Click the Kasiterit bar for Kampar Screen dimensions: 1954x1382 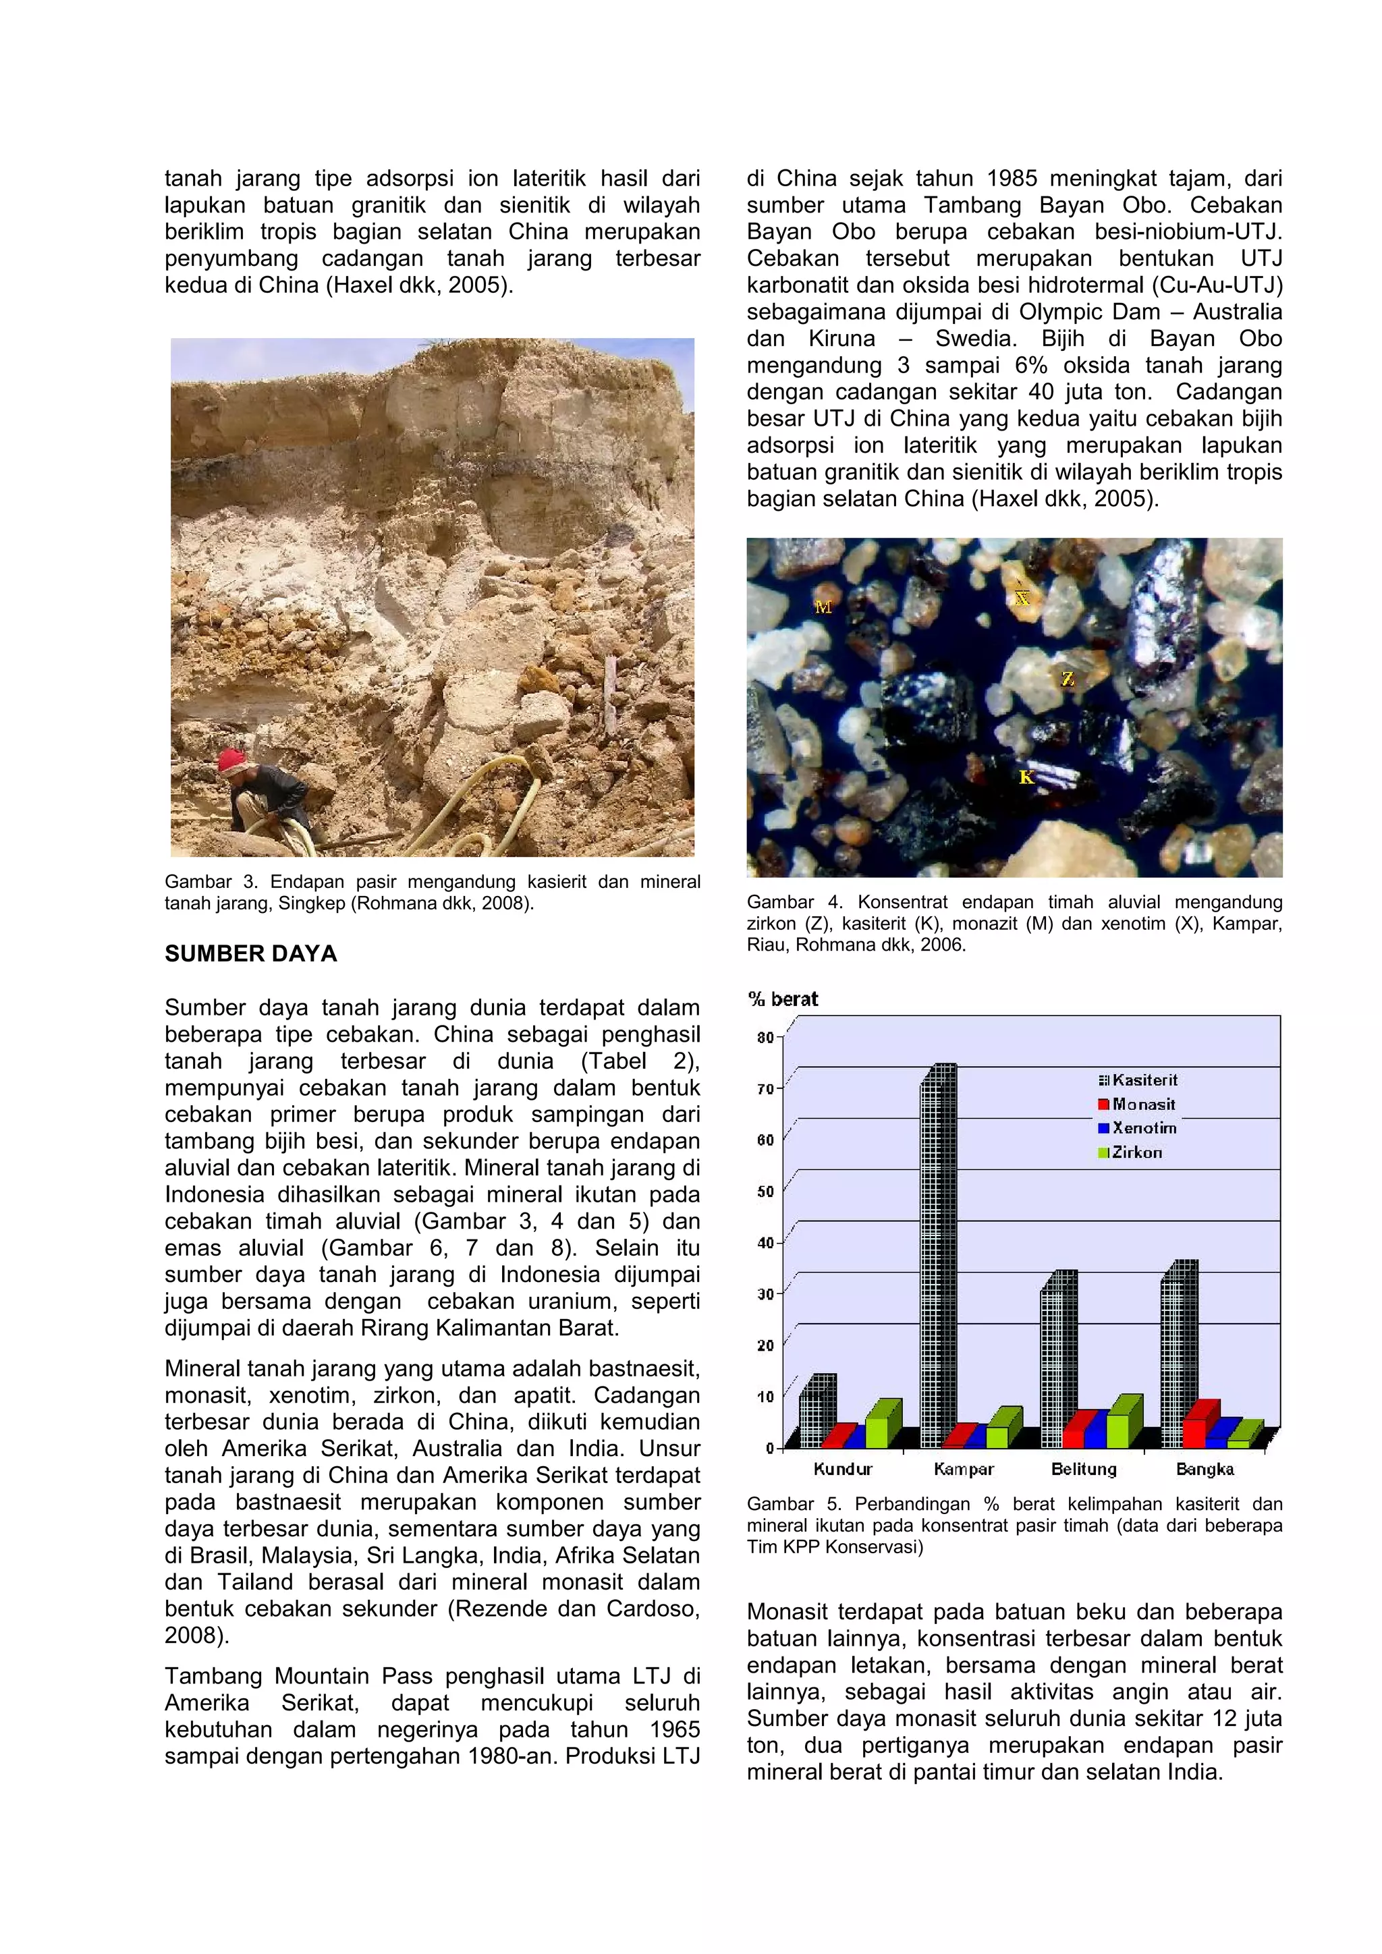(938, 1260)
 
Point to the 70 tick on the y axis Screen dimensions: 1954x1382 (766, 1089)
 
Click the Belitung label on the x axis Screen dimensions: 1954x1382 (1083, 1470)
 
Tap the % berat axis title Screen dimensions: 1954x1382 (783, 999)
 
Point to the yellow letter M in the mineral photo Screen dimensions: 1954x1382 (823, 607)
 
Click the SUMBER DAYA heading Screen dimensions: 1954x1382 (251, 954)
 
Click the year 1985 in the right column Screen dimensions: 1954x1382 (1012, 179)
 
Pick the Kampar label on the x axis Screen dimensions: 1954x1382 (964, 1470)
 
